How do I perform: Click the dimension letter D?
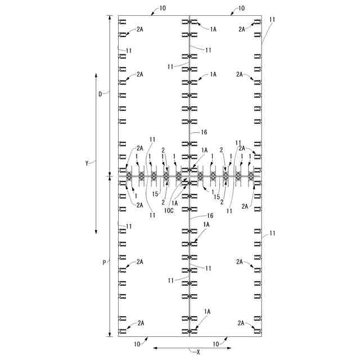pos(100,94)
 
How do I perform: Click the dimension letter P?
pos(104,263)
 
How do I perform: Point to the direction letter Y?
pos(87,164)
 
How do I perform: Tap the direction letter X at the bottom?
pos(199,352)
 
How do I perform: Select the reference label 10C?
pos(169,210)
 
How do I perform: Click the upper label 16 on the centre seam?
pos(204,132)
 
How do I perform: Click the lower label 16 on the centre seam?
pos(210,215)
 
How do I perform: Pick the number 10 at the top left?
pos(163,8)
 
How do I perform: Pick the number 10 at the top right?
pos(241,8)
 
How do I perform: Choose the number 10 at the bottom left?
pos(137,344)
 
